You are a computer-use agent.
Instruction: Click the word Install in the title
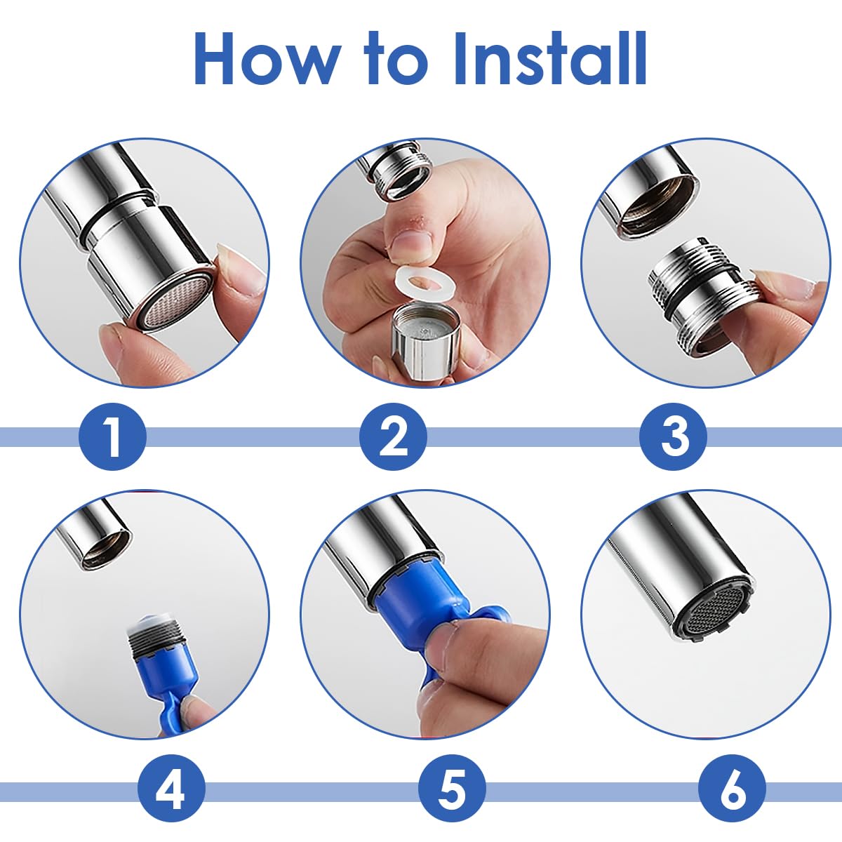pos(551,58)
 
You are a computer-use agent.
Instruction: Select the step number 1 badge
pos(112,436)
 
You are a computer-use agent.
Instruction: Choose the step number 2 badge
pos(393,436)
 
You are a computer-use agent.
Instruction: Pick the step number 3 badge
pos(673,436)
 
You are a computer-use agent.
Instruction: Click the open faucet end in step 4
pos(106,549)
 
